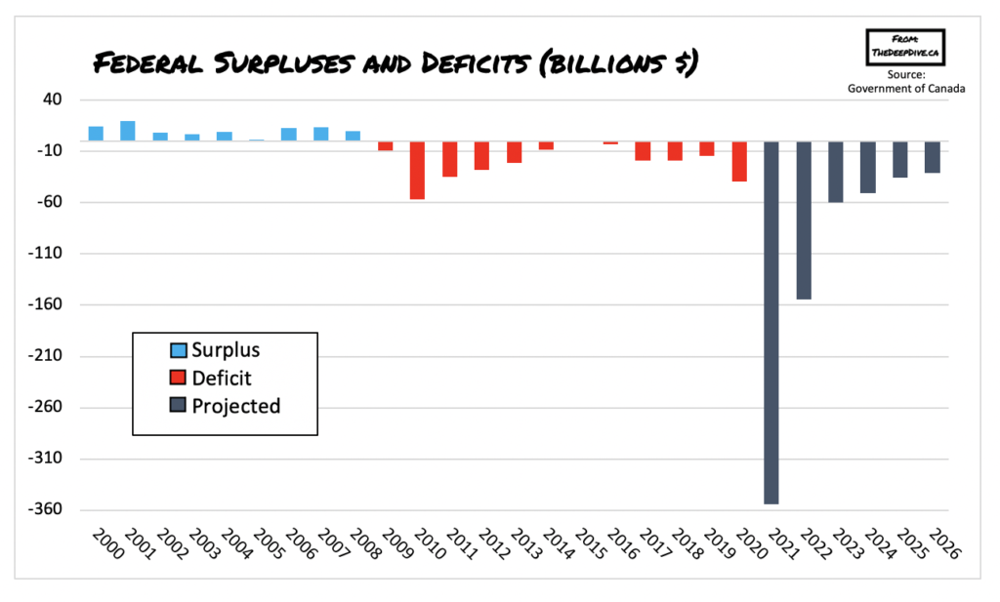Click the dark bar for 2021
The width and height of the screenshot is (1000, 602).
771,322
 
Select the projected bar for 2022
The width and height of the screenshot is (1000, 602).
804,220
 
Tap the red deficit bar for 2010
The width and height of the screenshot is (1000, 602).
417,170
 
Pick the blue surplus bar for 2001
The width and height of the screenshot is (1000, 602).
128,131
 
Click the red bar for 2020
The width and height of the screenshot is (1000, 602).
739,161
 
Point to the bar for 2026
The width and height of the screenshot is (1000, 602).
933,157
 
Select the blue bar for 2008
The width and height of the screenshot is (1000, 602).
353,136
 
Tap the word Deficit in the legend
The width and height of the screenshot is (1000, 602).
223,378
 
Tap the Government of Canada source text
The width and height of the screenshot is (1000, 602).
906,89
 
